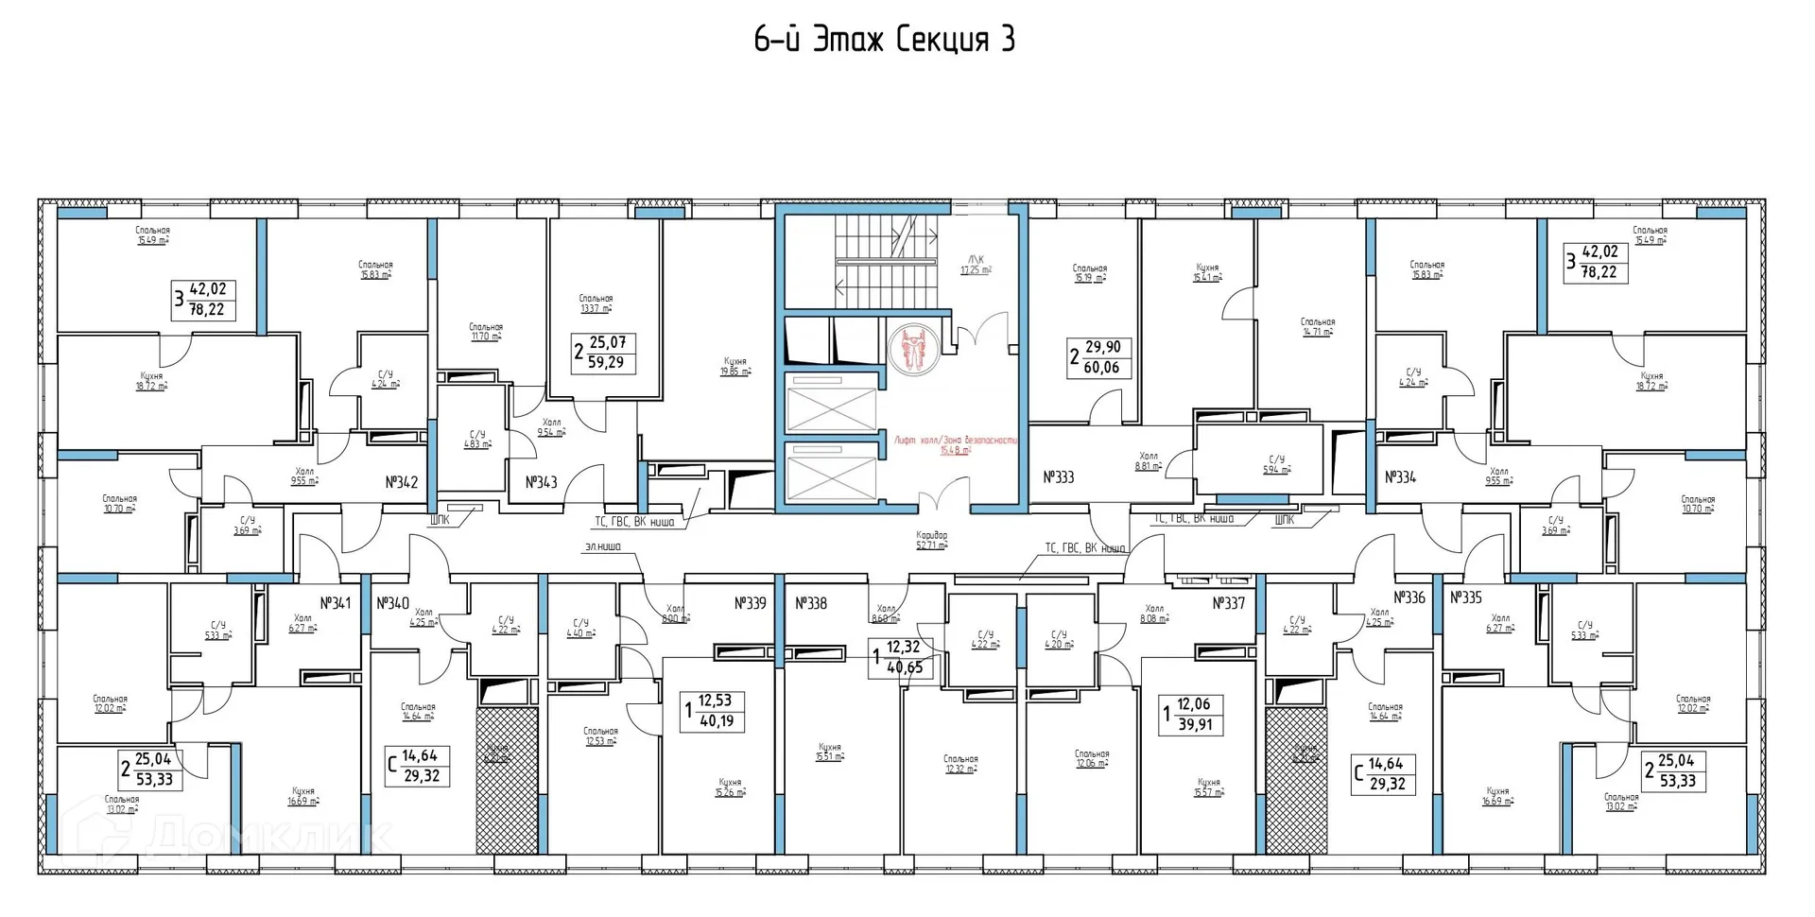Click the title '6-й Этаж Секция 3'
click(884, 40)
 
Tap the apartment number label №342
click(401, 482)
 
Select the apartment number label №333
click(1058, 477)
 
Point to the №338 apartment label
click(810, 603)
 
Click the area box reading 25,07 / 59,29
click(605, 353)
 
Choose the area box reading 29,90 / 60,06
click(1099, 357)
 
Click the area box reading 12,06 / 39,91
click(1192, 715)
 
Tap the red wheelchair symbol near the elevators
click(913, 348)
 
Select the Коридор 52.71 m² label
click(931, 540)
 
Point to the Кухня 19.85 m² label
click(735, 366)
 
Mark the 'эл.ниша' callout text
click(602, 546)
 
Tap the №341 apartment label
click(335, 603)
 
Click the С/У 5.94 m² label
click(1276, 464)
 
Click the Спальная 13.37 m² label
click(596, 303)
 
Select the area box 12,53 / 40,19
click(714, 711)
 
